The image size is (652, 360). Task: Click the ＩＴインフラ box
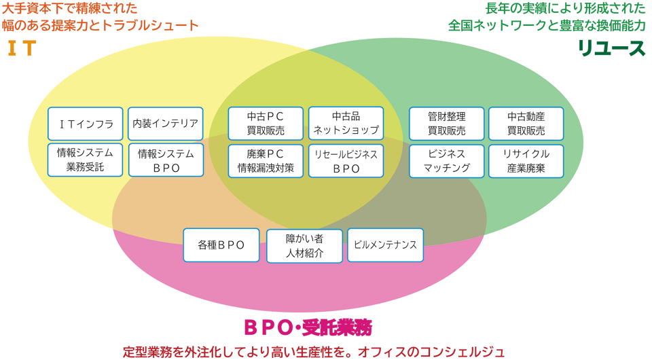86,124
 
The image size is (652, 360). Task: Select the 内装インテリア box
166,124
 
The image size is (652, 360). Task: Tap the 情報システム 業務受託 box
86,160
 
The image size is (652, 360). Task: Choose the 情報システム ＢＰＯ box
166,161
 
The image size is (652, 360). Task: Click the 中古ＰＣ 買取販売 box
266,124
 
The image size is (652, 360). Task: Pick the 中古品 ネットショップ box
346,124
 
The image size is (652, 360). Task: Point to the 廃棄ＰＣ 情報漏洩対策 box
266,161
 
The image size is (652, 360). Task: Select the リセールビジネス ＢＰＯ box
346,161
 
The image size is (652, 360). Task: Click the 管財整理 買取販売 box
446,124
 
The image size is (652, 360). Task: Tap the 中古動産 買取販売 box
526,124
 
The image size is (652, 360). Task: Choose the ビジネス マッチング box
446,161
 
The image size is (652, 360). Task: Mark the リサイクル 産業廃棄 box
526,161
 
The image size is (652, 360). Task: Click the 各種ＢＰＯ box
221,245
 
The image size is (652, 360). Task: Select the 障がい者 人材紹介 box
304,246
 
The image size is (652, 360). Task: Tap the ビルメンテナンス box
385,245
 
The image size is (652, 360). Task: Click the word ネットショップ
346,130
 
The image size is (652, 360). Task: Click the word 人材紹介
304,253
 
